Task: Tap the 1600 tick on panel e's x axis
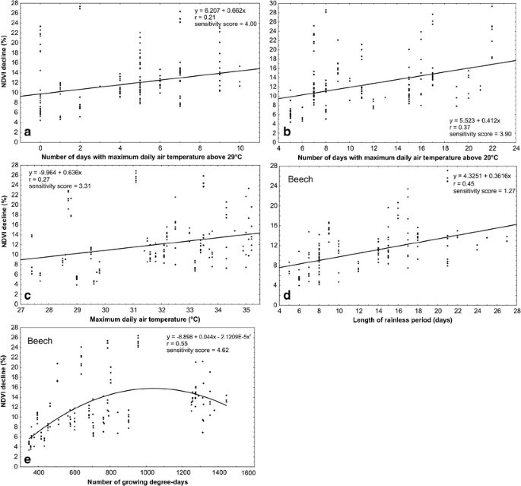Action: point(247,472)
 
